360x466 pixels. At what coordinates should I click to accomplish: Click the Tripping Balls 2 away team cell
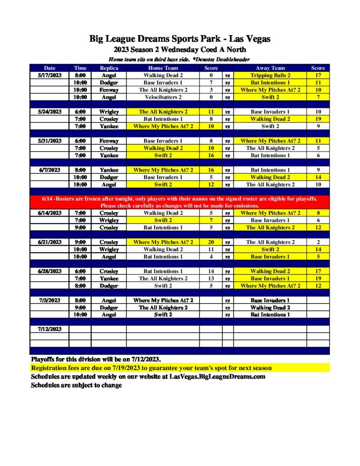point(270,75)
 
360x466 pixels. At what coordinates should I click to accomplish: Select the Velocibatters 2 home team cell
point(163,97)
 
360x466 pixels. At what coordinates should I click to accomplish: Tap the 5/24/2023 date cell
point(50,111)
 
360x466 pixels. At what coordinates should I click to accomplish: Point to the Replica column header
point(109,68)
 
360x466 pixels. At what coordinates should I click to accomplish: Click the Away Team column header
point(270,68)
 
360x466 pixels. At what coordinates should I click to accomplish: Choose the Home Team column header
point(163,68)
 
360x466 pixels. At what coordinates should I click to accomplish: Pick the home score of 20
point(211,242)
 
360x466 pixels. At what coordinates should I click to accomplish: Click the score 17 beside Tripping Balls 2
point(318,75)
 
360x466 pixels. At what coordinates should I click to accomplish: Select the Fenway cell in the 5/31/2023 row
point(109,141)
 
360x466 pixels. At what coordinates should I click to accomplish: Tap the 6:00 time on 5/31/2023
point(80,141)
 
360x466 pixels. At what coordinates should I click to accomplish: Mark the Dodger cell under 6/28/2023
point(109,286)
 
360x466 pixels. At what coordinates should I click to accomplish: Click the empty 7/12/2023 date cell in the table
point(50,329)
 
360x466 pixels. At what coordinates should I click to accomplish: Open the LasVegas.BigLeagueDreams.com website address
point(217,377)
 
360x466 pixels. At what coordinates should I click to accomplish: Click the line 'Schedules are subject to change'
point(76,385)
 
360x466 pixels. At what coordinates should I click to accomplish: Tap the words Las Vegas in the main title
point(252,39)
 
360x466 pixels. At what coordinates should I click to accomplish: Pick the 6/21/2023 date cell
point(50,242)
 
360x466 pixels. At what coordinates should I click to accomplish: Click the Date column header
point(50,68)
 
